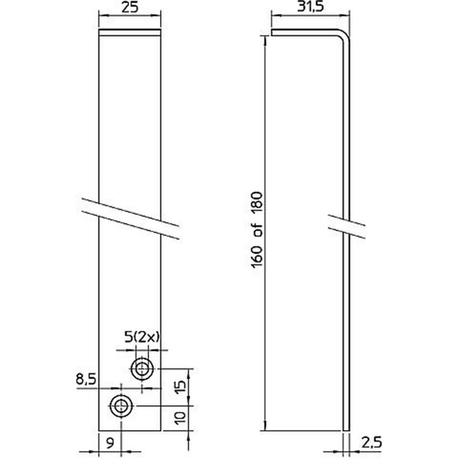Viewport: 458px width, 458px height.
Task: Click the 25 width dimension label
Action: pos(130,8)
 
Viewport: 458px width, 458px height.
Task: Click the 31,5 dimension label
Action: pos(310,6)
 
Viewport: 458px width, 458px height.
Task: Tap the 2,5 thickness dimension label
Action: pos(371,443)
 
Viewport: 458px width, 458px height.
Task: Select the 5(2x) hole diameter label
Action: pos(142,338)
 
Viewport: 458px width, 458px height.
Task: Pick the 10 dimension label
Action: pos(181,418)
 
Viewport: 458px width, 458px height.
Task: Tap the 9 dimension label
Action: pos(110,444)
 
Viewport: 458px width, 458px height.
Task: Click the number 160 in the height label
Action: pos(257,256)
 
